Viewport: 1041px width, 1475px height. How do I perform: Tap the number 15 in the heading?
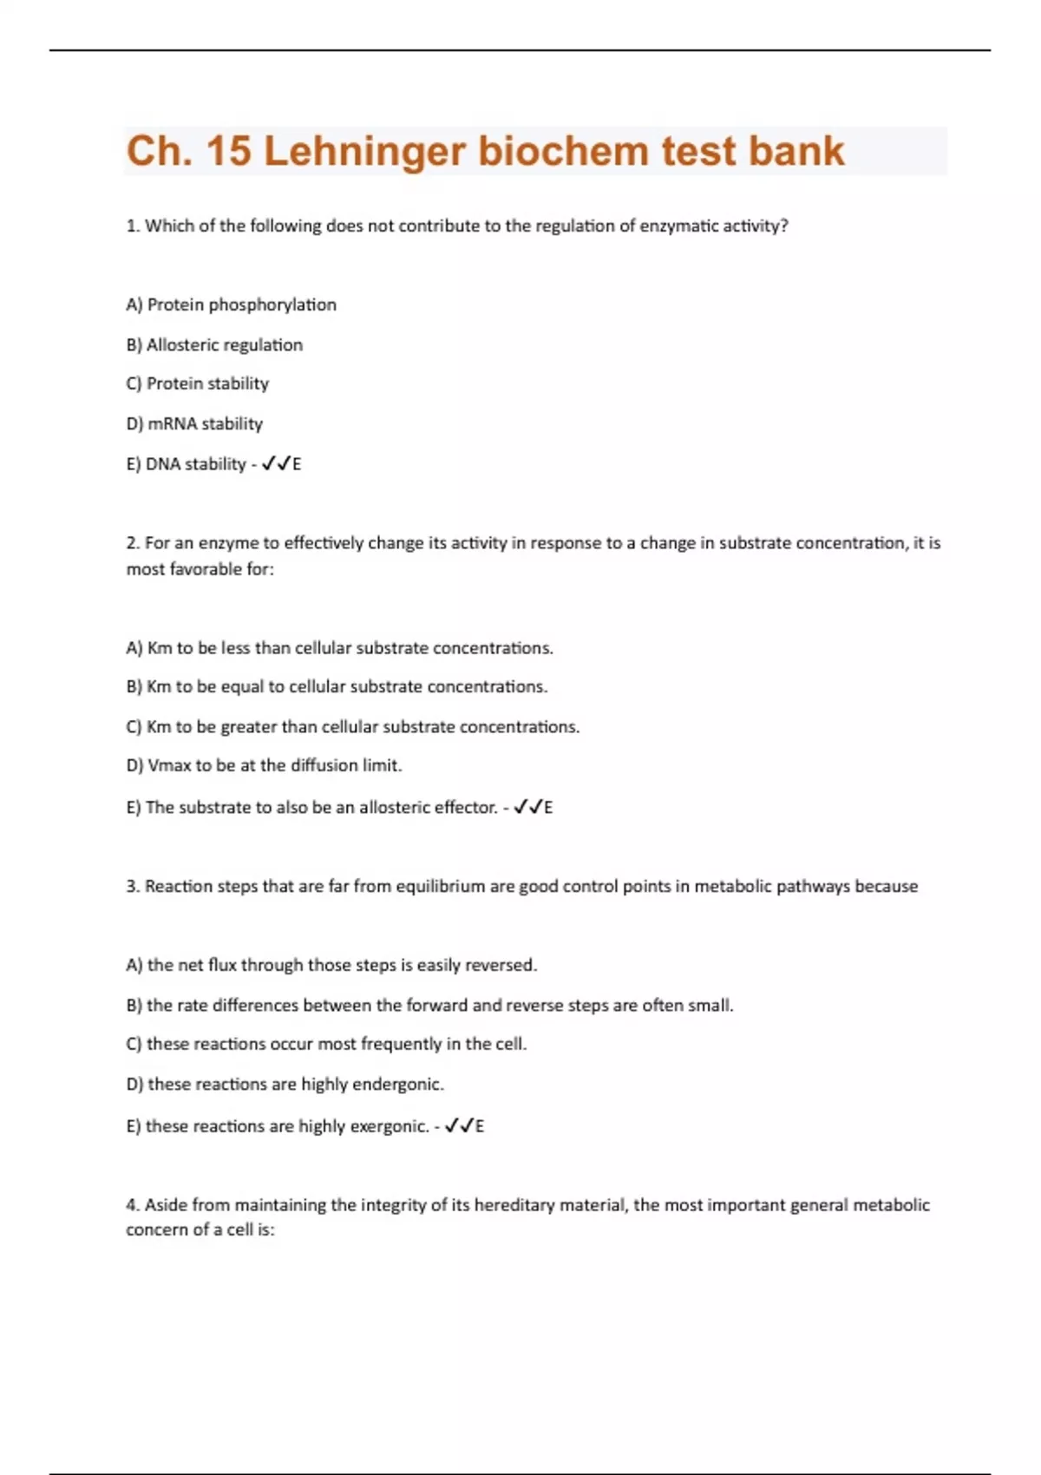tap(229, 152)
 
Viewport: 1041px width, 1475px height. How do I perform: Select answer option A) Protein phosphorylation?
tap(231, 305)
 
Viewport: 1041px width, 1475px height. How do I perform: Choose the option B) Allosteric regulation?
tap(214, 344)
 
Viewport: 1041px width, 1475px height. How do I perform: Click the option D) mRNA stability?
tap(194, 423)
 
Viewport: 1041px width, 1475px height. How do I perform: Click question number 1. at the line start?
tap(133, 226)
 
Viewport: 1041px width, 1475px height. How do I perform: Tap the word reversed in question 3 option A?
tap(501, 965)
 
